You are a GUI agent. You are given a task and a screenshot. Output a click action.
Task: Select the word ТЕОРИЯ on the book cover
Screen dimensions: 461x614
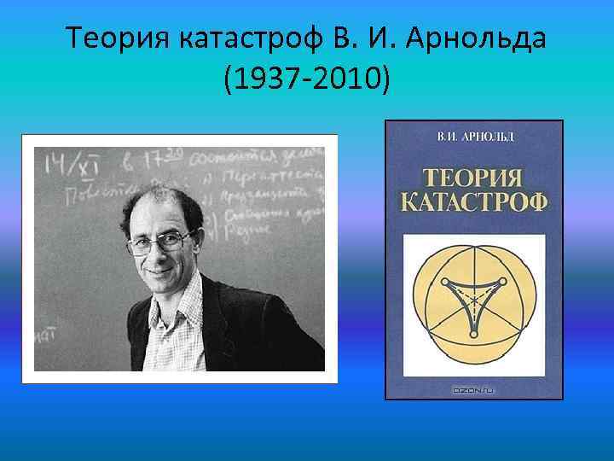click(473, 180)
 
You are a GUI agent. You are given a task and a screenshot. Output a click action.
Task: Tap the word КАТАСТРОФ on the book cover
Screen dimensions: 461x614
click(473, 206)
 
